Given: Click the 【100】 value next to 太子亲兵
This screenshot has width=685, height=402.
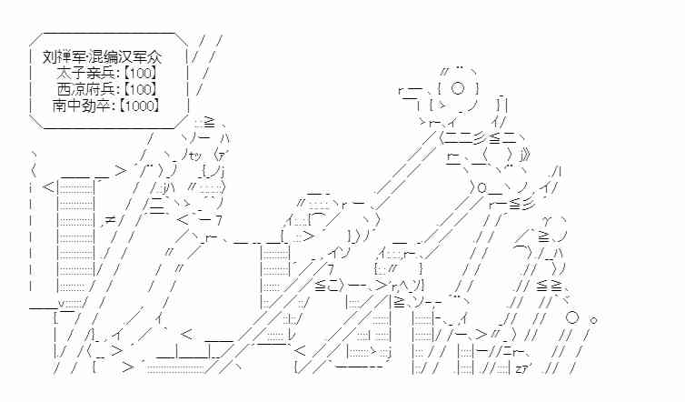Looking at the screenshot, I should pos(140,72).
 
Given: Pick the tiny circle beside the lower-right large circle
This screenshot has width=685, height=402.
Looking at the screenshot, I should pos(594,320).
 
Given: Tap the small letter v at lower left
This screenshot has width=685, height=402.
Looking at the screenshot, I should pos(61,304).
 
